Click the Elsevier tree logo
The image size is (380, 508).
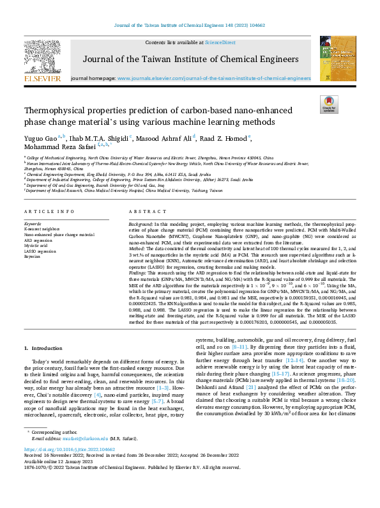[42, 58]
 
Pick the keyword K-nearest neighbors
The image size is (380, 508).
[44, 228]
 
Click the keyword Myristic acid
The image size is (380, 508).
[37, 245]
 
